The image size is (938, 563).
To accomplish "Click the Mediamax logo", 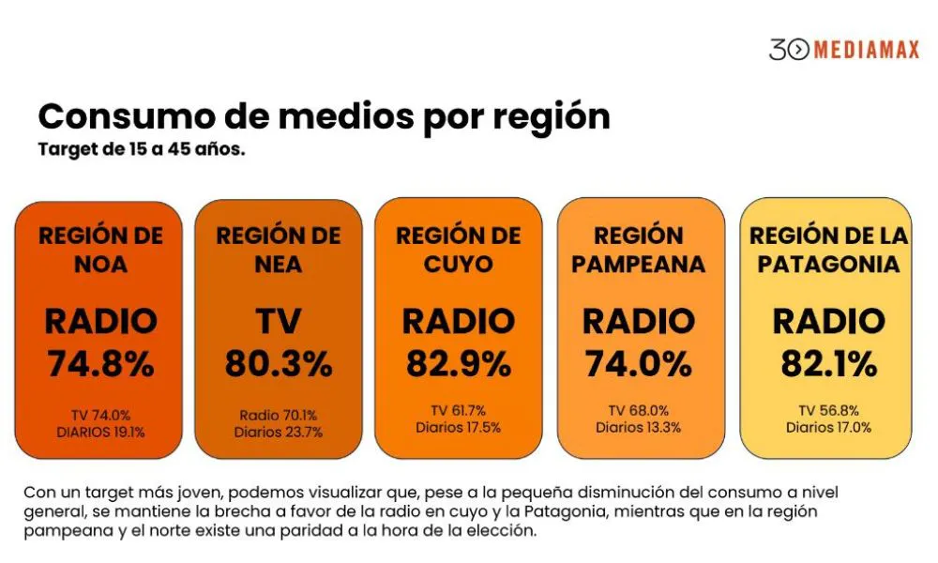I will (844, 50).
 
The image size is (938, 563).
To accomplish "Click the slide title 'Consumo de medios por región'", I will (324, 116).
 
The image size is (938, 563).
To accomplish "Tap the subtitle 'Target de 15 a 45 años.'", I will (142, 149).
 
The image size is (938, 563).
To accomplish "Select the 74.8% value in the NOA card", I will (100, 363).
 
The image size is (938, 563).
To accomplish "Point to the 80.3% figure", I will (279, 363).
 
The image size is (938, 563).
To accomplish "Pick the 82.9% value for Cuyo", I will (458, 363).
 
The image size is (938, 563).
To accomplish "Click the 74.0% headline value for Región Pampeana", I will (639, 363).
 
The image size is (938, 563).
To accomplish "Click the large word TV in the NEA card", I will (279, 322).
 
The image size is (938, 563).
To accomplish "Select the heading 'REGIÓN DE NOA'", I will (100, 250).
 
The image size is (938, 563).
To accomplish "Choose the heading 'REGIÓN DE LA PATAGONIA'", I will (828, 250).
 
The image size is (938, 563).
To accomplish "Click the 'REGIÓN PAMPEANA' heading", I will (639, 250).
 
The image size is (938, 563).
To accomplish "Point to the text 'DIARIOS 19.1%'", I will (100, 432).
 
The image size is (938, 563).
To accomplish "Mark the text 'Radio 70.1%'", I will (279, 415).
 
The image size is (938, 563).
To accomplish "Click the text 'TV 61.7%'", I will (458, 410).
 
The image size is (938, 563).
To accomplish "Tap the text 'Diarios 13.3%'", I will (639, 427).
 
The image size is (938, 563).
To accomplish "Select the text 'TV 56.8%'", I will (828, 410).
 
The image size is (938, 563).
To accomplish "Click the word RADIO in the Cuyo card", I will (458, 322).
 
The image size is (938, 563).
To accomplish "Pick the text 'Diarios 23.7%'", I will (279, 432).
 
